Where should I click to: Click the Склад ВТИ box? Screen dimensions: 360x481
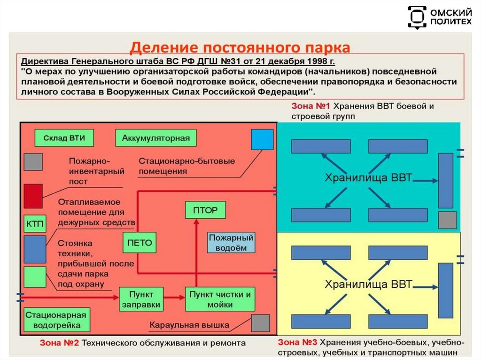pos(64,138)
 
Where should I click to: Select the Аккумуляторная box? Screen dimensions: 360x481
pos(155,138)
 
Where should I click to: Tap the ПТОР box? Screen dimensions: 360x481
pos(205,210)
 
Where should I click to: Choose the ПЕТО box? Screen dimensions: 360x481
pos(140,243)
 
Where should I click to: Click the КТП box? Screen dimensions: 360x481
pos(34,224)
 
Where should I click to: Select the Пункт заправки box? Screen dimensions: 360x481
pos(141,299)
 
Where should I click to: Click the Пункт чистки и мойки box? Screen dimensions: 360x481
pos(220,299)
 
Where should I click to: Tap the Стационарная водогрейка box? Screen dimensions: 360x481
pos(56,320)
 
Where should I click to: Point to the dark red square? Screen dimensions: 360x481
pos(33,196)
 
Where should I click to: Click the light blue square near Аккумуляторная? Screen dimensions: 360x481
pos(262,139)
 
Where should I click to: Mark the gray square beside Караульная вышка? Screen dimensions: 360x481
pos(260,323)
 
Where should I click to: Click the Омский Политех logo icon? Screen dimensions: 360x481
pos(417,17)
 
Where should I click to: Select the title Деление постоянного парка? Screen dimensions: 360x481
pos(240,47)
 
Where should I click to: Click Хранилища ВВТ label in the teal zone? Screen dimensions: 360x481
pos(369,178)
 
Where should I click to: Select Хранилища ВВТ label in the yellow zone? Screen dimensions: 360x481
pos(369,284)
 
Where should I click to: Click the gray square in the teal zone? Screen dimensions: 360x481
pos(447,220)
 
